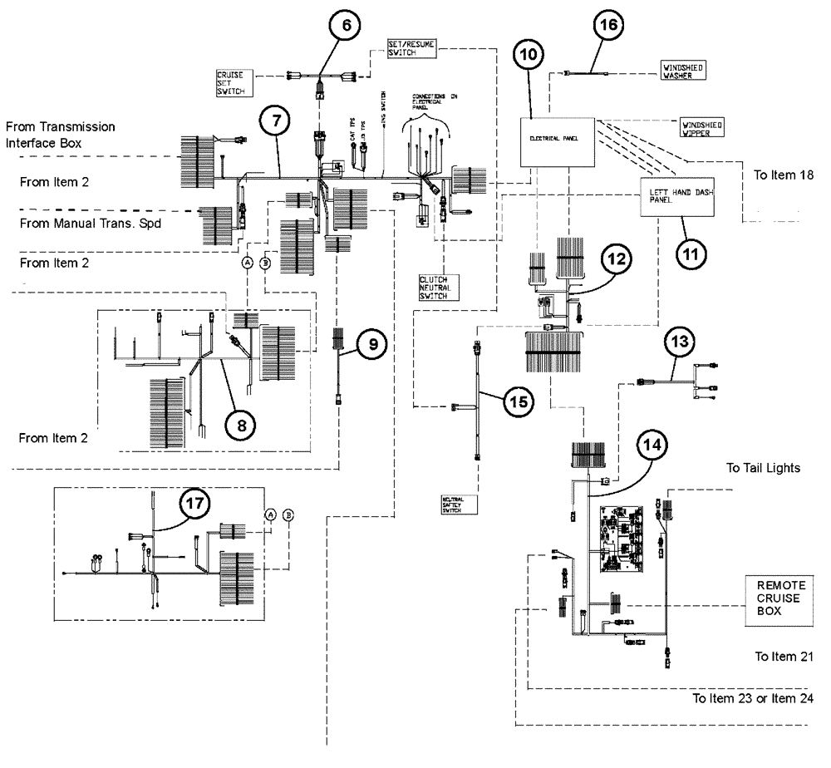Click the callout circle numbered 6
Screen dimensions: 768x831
(346, 25)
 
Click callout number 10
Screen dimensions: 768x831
(530, 56)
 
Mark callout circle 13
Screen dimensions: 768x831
(681, 342)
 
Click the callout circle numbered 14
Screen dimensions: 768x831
(655, 446)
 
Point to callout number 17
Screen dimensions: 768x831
(197, 503)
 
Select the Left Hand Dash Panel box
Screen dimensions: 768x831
(675, 197)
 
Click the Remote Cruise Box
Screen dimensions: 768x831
(775, 598)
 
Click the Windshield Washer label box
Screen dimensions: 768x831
(682, 71)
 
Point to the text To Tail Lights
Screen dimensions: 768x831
(763, 468)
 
